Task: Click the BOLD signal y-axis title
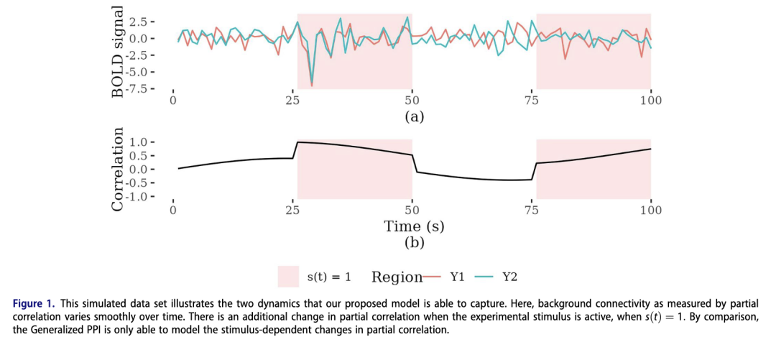click(x=118, y=51)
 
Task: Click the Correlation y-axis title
click(x=118, y=170)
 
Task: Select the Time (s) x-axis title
click(x=415, y=226)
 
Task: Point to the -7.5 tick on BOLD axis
click(x=149, y=88)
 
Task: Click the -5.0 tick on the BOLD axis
click(x=149, y=72)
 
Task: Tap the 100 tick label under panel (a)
click(x=651, y=101)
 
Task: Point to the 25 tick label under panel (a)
click(x=292, y=101)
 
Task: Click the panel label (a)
click(x=415, y=116)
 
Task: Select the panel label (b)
click(x=415, y=243)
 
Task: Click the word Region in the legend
click(x=397, y=277)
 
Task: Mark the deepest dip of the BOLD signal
click(x=311, y=86)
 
